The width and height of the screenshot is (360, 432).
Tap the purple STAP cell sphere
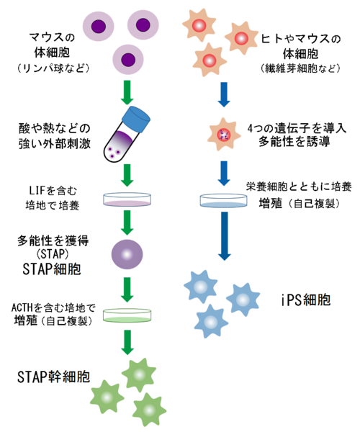point(127,254)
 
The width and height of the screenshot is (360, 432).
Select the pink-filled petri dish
point(127,199)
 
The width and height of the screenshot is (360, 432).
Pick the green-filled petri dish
point(127,315)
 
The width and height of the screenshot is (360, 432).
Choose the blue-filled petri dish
point(224,200)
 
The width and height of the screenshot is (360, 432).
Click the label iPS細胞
point(306,300)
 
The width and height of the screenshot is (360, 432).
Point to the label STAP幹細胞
point(53,377)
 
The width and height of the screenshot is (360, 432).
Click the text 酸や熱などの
point(55,128)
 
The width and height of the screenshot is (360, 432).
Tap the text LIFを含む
point(53,190)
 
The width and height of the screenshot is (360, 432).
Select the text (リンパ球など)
point(53,68)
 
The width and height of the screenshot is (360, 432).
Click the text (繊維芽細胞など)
point(300,68)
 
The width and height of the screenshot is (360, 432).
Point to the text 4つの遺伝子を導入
point(297,128)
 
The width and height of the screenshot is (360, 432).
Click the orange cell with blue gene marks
point(224,134)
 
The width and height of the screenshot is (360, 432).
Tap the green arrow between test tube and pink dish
point(127,176)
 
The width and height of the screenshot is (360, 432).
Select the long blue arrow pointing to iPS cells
point(225,236)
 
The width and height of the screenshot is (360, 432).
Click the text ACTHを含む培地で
point(53,307)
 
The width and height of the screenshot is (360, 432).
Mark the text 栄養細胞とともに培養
point(299,186)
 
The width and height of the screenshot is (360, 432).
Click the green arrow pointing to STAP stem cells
point(127,342)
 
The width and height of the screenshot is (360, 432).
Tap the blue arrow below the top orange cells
point(224,94)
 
